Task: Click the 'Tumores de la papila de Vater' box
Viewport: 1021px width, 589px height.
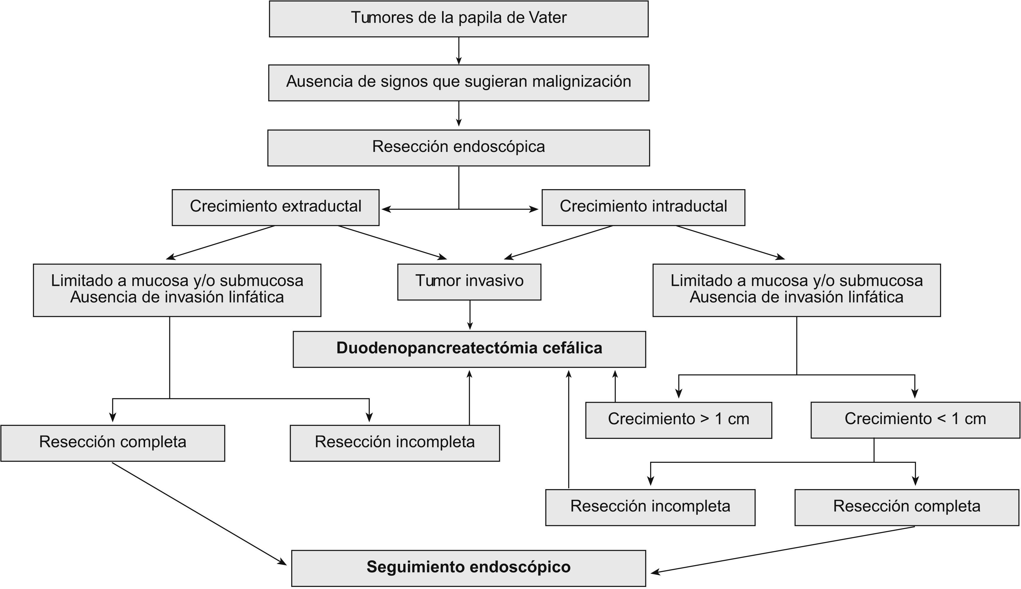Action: click(458, 19)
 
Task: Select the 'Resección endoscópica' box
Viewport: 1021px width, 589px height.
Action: click(458, 148)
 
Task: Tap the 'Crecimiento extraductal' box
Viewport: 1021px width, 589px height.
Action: click(275, 207)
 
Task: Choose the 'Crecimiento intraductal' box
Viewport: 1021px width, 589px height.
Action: click(643, 207)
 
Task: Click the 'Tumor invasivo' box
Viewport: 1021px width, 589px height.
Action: click(469, 282)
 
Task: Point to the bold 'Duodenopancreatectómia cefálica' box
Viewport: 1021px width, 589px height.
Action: click(469, 349)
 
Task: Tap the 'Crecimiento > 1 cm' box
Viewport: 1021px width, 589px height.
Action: click(678, 420)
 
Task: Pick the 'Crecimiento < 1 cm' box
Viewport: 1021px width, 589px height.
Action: click(915, 420)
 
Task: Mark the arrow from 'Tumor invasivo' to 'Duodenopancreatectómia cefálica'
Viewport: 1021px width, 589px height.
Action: click(470, 316)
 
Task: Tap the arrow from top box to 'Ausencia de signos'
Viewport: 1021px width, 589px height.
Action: click(458, 51)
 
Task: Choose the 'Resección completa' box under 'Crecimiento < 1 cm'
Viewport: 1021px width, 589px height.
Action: click(907, 507)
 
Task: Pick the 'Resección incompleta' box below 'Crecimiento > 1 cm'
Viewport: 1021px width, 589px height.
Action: click(650, 507)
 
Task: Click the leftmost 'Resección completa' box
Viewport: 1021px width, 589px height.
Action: click(113, 443)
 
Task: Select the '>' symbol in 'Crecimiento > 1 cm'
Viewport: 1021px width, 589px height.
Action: click(705, 419)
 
